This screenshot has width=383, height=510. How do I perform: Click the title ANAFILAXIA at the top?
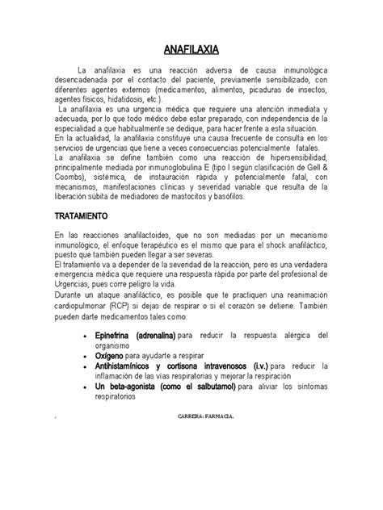pos(191,48)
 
